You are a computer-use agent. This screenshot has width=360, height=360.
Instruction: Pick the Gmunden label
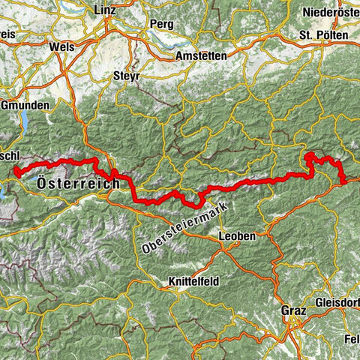click(25, 105)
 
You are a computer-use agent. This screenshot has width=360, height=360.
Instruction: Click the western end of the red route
click(16, 172)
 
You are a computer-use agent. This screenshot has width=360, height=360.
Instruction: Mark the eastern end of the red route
click(343, 180)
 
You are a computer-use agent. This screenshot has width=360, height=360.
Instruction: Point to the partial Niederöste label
click(329, 12)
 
